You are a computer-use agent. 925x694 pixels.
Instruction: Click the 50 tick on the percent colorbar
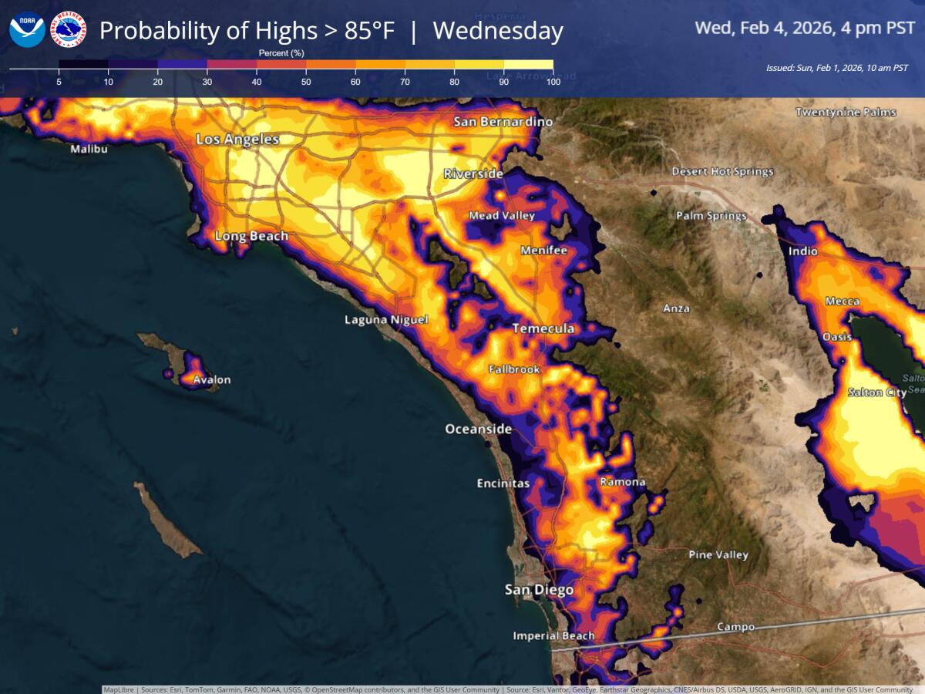pyautogui.click(x=306, y=81)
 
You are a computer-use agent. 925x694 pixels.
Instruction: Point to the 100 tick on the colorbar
pyautogui.click(x=552, y=81)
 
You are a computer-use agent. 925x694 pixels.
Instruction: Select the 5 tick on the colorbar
pyautogui.click(x=59, y=81)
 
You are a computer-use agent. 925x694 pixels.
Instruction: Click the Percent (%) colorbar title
pyautogui.click(x=282, y=52)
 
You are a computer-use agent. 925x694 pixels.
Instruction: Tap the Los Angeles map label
pyautogui.click(x=237, y=140)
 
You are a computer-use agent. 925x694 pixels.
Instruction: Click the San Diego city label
pyautogui.click(x=539, y=590)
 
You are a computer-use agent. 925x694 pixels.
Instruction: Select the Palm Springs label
pyautogui.click(x=711, y=216)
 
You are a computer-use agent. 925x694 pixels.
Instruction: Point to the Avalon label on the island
pyautogui.click(x=211, y=380)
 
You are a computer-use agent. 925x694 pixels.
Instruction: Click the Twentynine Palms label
pyautogui.click(x=846, y=113)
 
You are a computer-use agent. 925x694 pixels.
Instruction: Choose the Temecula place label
pyautogui.click(x=543, y=329)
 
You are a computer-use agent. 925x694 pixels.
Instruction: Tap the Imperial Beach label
pyautogui.click(x=554, y=636)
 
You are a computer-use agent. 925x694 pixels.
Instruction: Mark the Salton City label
pyautogui.click(x=877, y=392)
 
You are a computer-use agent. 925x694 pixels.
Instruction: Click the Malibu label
pyautogui.click(x=89, y=149)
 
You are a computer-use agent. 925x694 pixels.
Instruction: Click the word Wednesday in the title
pyautogui.click(x=498, y=31)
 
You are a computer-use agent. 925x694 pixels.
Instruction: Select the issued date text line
pyautogui.click(x=836, y=68)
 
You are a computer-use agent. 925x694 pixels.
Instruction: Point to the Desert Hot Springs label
pyautogui.click(x=722, y=171)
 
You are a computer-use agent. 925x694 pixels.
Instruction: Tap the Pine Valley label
pyautogui.click(x=718, y=555)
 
